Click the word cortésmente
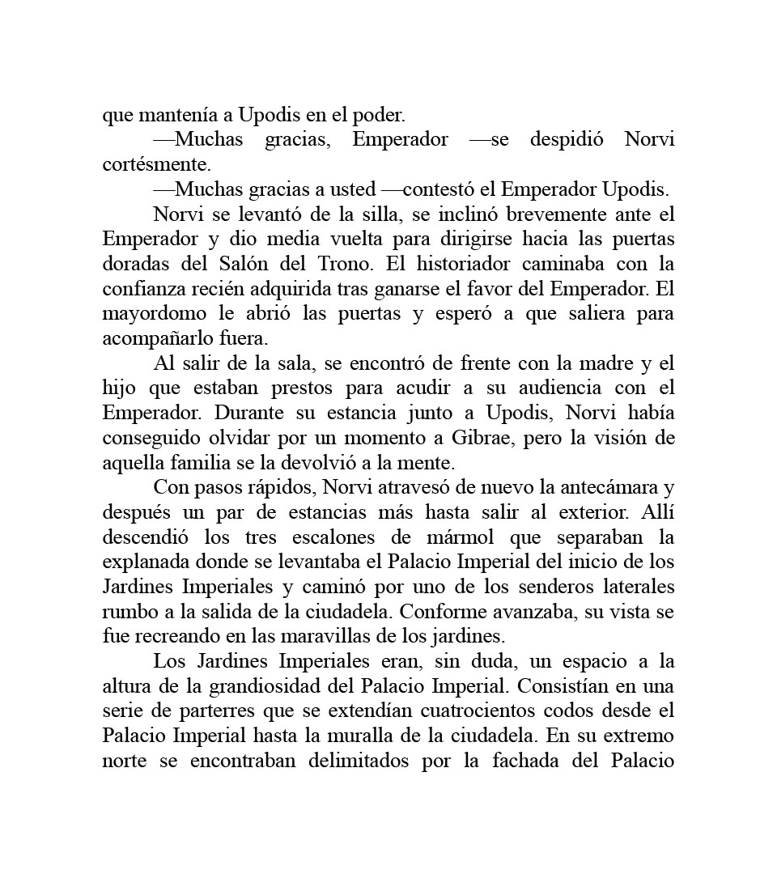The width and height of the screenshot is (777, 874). tap(156, 164)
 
